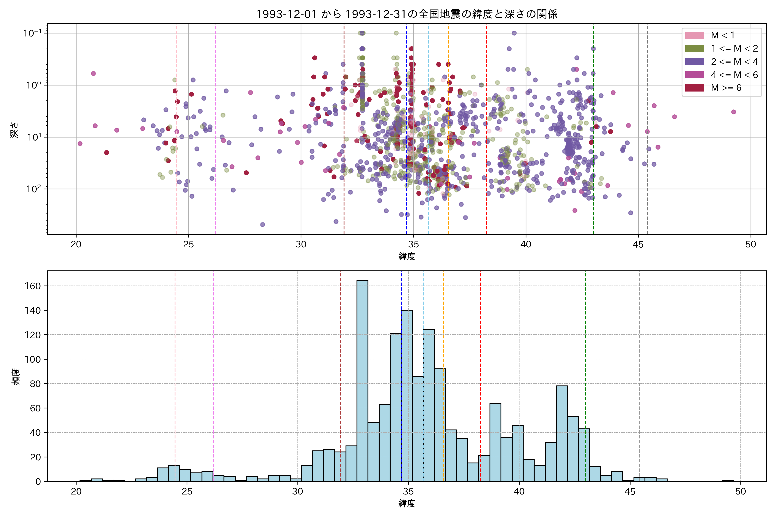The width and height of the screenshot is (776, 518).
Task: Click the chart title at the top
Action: (407, 14)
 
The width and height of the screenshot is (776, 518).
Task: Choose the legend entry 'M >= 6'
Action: (726, 88)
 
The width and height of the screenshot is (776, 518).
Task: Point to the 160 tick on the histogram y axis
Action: (33, 286)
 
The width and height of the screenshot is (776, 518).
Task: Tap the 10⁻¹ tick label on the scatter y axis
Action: (32, 33)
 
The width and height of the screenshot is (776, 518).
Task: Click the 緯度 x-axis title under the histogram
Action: (407, 504)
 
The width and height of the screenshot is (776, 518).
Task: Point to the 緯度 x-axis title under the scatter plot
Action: (407, 256)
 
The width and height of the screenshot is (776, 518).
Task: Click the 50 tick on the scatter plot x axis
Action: (751, 245)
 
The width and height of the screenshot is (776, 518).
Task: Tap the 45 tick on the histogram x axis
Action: (629, 492)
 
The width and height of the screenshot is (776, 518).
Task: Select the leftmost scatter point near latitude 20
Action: (80, 143)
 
